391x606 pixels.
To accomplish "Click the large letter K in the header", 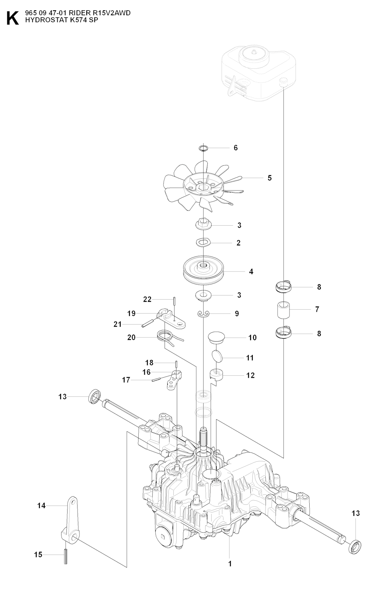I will click(x=12, y=18).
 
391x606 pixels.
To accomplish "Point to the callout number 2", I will click(x=239, y=243).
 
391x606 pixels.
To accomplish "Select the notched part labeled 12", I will click(x=217, y=375).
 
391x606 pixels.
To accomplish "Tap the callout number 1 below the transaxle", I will click(x=230, y=563).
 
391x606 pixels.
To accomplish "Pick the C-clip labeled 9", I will click(x=204, y=314).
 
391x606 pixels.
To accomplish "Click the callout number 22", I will click(x=147, y=299).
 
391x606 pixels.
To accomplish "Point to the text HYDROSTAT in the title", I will click(x=41, y=21).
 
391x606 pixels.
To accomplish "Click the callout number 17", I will click(x=126, y=380).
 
